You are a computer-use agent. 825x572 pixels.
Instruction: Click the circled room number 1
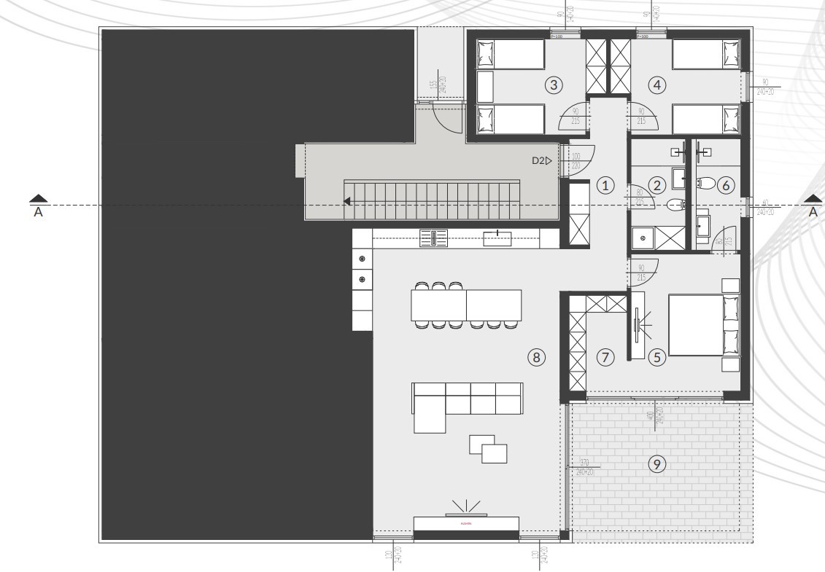click(x=604, y=185)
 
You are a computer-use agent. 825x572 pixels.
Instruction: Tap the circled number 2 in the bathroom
click(x=656, y=185)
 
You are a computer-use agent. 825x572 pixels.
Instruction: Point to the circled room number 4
click(x=658, y=85)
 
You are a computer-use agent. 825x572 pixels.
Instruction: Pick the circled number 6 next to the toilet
click(x=724, y=185)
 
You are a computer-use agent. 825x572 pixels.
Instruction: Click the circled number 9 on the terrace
click(x=657, y=463)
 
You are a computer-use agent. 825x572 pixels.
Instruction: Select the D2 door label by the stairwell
click(x=541, y=160)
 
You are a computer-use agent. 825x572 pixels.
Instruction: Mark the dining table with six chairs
click(x=467, y=305)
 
